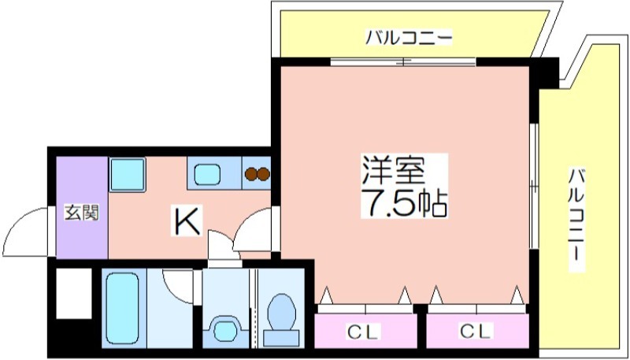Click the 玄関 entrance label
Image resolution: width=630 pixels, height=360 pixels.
[x=82, y=213]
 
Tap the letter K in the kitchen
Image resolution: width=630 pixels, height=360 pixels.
[x=187, y=221]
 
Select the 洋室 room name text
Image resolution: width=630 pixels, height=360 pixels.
[x=393, y=172]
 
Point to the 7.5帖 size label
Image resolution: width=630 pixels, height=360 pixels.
[x=405, y=203]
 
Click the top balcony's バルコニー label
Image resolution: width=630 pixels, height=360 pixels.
[x=409, y=38]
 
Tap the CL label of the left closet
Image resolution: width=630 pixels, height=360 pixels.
[x=363, y=332]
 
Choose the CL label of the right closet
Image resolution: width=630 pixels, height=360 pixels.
[x=476, y=332]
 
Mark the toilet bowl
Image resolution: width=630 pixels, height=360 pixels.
[x=281, y=318]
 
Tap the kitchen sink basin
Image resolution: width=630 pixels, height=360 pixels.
[x=207, y=173]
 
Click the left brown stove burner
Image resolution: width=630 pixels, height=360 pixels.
[x=251, y=173]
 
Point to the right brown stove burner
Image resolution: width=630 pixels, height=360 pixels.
[x=264, y=173]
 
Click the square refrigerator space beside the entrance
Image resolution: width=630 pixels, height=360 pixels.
[x=128, y=174]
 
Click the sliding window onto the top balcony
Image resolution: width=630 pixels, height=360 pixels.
[x=403, y=62]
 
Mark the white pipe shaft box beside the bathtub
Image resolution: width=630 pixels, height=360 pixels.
[x=74, y=294]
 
